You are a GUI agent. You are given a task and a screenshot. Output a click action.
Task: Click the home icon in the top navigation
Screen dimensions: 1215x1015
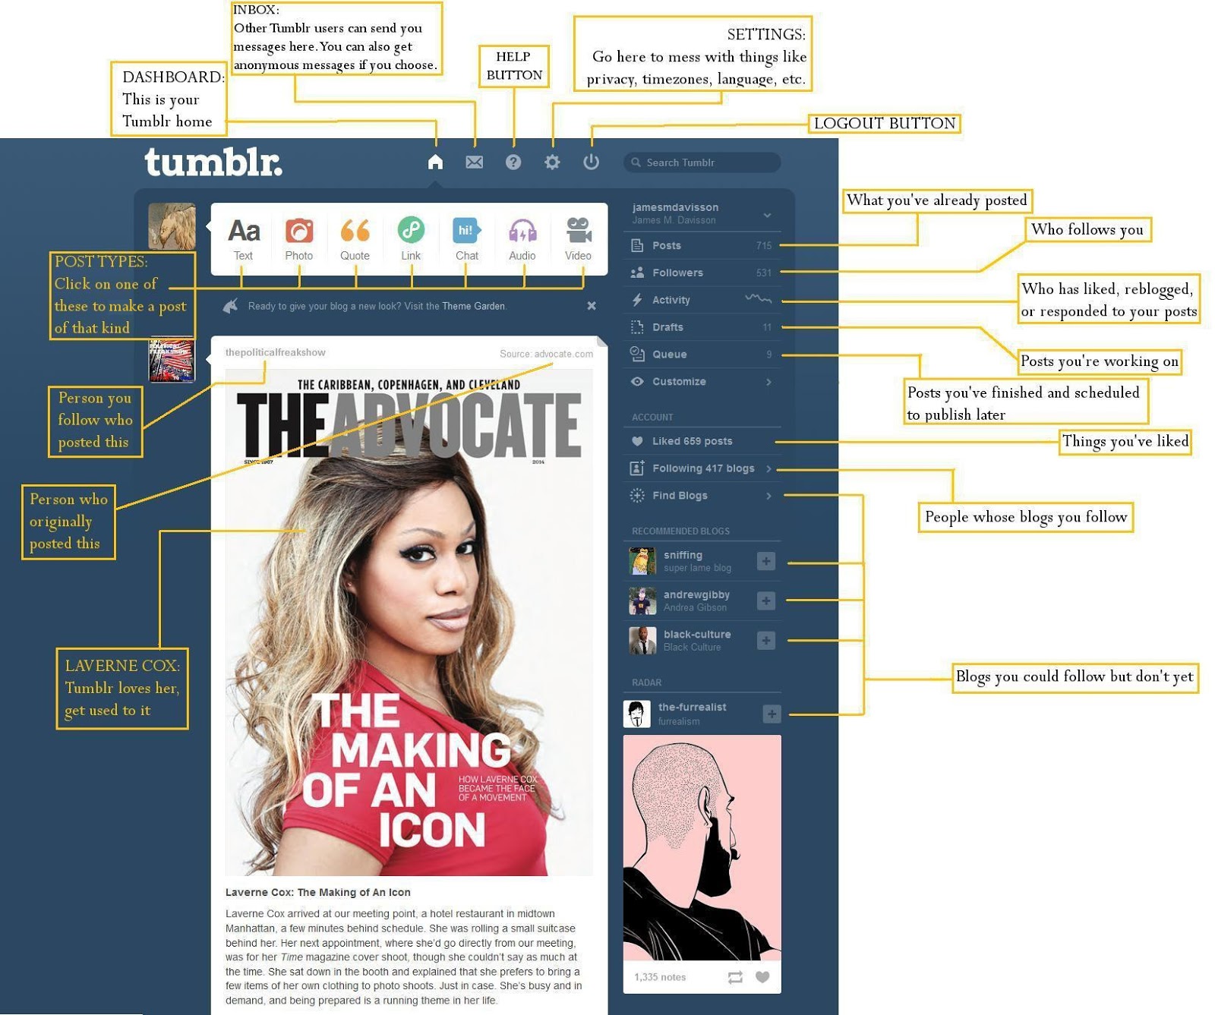[435, 162]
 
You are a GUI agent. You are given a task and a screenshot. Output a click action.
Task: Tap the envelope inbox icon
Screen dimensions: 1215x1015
[475, 162]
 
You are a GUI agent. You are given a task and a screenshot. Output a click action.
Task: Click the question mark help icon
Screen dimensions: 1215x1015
[513, 162]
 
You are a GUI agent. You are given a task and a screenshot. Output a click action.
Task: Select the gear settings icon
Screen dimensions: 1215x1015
[552, 162]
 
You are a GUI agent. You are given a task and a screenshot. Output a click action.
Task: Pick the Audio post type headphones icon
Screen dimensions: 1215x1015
[522, 231]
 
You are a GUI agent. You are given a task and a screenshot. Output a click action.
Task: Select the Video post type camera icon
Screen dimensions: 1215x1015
[579, 231]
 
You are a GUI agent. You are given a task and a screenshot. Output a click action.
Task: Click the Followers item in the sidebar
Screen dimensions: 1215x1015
[677, 273]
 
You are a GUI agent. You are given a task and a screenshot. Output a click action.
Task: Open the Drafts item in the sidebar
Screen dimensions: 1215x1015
[667, 327]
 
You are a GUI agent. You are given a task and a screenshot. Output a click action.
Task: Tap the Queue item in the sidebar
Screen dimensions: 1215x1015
[669, 355]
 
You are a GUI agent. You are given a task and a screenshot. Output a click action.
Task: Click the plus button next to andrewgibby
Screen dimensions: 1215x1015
[766, 600]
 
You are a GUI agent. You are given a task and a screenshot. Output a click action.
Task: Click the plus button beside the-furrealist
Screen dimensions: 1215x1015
[772, 714]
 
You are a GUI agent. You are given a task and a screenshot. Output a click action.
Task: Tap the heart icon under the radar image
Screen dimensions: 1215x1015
[762, 977]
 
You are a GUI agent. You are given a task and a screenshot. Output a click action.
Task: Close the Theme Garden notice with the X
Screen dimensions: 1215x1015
[592, 306]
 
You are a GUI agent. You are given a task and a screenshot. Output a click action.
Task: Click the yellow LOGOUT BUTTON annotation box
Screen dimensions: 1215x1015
[884, 124]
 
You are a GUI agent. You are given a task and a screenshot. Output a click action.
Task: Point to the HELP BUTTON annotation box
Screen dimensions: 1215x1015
[514, 66]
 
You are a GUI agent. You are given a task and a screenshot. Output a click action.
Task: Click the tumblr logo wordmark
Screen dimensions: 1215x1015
[213, 162]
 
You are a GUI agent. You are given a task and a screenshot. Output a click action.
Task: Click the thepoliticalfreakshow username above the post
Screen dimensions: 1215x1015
[275, 352]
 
